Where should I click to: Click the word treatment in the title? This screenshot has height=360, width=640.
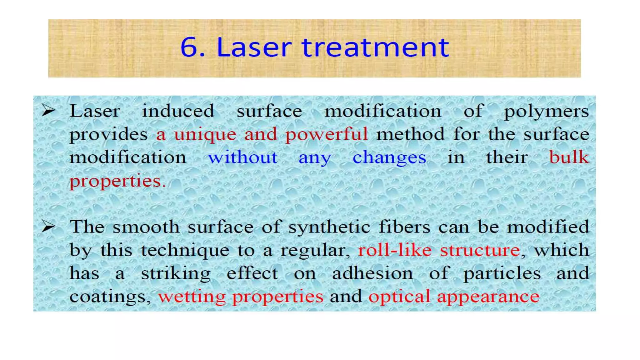[375, 47]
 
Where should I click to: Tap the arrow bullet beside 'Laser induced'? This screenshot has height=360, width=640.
[48, 111]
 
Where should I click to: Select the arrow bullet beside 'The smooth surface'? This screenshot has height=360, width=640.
[48, 227]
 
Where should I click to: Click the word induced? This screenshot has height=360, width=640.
[178, 111]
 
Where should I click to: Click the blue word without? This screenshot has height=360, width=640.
[243, 157]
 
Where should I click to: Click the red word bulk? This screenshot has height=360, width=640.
[569, 157]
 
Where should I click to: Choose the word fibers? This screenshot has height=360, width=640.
[404, 227]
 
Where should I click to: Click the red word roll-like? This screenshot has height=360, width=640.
[395, 250]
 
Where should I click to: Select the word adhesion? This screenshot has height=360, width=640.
[372, 273]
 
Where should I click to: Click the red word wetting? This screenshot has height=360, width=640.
[192, 297]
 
